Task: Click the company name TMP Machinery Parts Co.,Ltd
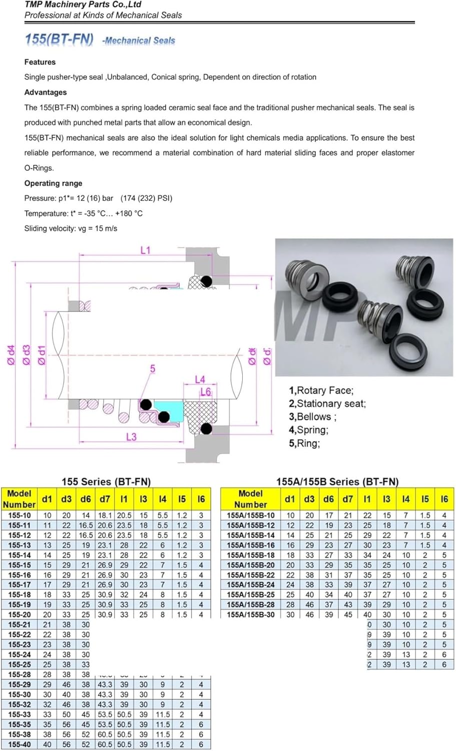pyautogui.click(x=83, y=5)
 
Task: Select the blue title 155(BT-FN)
pyautogui.click(x=59, y=39)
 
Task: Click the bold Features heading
pyautogui.click(x=40, y=62)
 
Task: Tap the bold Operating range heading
pyautogui.click(x=53, y=183)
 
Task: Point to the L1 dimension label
pyautogui.click(x=145, y=250)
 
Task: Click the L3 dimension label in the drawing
pyautogui.click(x=131, y=437)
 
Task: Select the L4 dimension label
pyautogui.click(x=200, y=380)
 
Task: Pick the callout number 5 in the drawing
pyautogui.click(x=153, y=368)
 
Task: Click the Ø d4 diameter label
pyautogui.click(x=12, y=354)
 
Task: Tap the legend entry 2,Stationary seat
pyautogui.click(x=327, y=404)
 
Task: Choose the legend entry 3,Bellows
pyautogui.click(x=312, y=417)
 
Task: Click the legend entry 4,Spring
pyautogui.click(x=308, y=430)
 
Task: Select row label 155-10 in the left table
pyautogui.click(x=20, y=515)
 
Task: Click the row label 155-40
pyautogui.click(x=20, y=744)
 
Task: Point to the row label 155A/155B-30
pyautogui.click(x=250, y=614)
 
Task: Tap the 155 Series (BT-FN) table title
pyautogui.click(x=106, y=481)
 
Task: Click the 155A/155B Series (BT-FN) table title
pyautogui.click(x=337, y=481)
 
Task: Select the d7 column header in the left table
pyautogui.click(x=105, y=499)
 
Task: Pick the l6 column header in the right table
pyautogui.click(x=444, y=499)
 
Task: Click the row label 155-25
pyautogui.click(x=20, y=664)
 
